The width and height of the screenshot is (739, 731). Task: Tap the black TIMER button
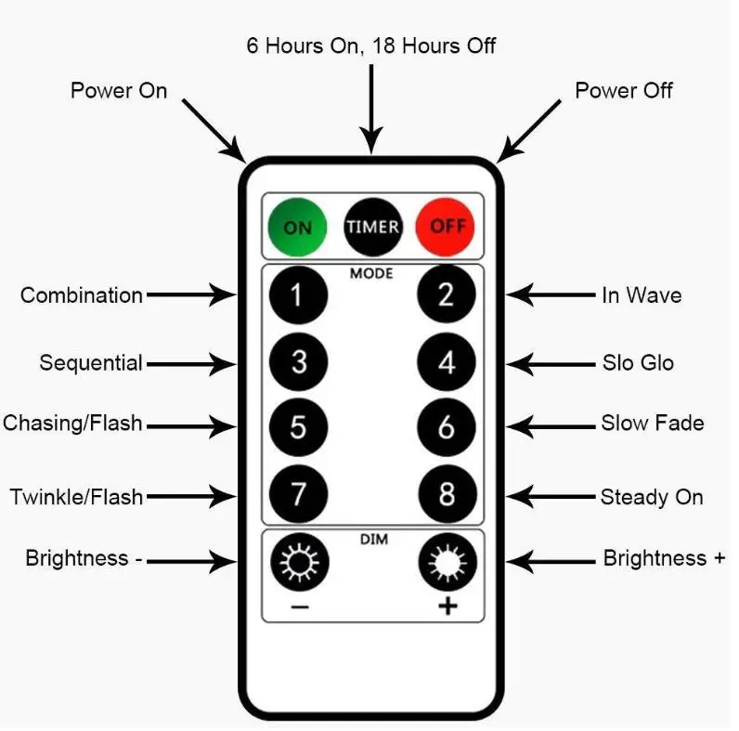[x=372, y=227]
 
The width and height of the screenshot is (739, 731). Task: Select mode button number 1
[x=298, y=295]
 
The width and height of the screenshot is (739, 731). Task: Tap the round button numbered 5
[x=298, y=426]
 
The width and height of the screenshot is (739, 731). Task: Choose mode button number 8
[x=447, y=494]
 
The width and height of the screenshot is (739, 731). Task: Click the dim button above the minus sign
[x=298, y=563]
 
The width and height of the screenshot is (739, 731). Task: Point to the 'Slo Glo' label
[x=638, y=362]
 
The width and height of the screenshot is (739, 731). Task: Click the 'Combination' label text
[x=82, y=295]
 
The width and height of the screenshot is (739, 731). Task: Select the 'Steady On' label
[x=651, y=497]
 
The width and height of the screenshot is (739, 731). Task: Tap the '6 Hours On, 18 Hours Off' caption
[x=370, y=46]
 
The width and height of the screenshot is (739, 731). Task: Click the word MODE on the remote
[x=371, y=274]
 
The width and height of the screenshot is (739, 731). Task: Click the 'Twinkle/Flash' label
[x=77, y=497]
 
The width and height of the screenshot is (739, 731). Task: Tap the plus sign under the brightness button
[x=447, y=607]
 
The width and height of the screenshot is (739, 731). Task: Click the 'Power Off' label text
[x=623, y=90]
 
